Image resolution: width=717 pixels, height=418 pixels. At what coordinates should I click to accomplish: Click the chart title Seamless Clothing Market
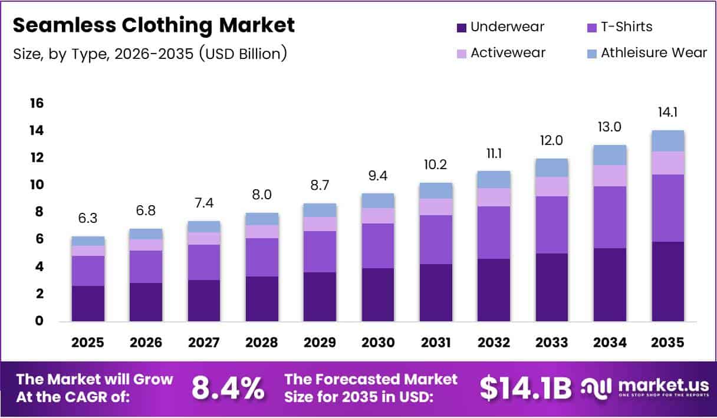click(x=153, y=25)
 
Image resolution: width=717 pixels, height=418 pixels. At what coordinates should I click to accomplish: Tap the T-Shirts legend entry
click(x=619, y=27)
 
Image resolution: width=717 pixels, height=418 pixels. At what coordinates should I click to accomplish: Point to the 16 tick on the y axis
click(x=37, y=104)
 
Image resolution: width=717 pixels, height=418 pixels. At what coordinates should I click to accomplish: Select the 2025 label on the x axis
click(x=88, y=342)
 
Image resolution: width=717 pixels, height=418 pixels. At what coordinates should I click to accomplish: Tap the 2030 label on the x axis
click(x=378, y=342)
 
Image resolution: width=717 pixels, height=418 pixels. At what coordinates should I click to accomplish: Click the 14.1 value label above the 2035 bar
click(x=668, y=112)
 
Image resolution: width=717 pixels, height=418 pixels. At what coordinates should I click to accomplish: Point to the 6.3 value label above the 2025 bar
click(x=88, y=219)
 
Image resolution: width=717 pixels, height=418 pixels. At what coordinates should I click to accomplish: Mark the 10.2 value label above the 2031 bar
click(x=436, y=165)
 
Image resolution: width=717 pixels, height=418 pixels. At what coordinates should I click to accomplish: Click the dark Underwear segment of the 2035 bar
click(x=668, y=282)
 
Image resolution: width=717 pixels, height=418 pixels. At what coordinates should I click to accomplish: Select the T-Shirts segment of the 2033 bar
click(x=552, y=225)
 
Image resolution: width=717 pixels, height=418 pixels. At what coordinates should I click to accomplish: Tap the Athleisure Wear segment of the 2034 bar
click(x=610, y=155)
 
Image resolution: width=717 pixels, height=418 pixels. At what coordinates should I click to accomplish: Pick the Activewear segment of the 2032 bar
click(x=494, y=197)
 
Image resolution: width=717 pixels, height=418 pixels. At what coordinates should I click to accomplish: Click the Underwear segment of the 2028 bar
click(x=262, y=299)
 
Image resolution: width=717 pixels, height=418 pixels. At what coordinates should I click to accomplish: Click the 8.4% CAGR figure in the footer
click(x=228, y=388)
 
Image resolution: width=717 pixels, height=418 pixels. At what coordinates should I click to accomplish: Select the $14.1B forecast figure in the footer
click(x=525, y=388)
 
